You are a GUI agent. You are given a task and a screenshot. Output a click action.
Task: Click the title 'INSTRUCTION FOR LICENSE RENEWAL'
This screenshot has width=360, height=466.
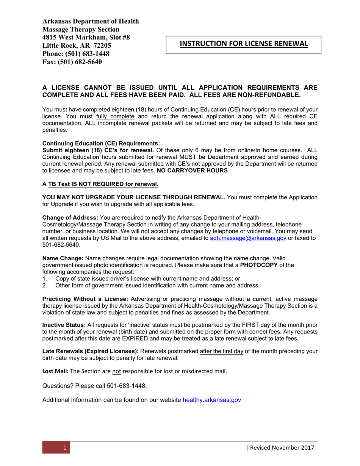point(244,44)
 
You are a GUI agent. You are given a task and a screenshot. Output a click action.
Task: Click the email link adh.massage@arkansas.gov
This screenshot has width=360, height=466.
point(248,238)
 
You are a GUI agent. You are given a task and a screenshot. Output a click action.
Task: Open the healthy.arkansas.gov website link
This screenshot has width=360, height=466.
point(212,400)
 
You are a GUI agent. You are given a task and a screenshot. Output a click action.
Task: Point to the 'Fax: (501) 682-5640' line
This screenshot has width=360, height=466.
point(72,62)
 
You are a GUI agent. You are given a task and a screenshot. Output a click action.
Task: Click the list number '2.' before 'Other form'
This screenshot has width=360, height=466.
point(44,285)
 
